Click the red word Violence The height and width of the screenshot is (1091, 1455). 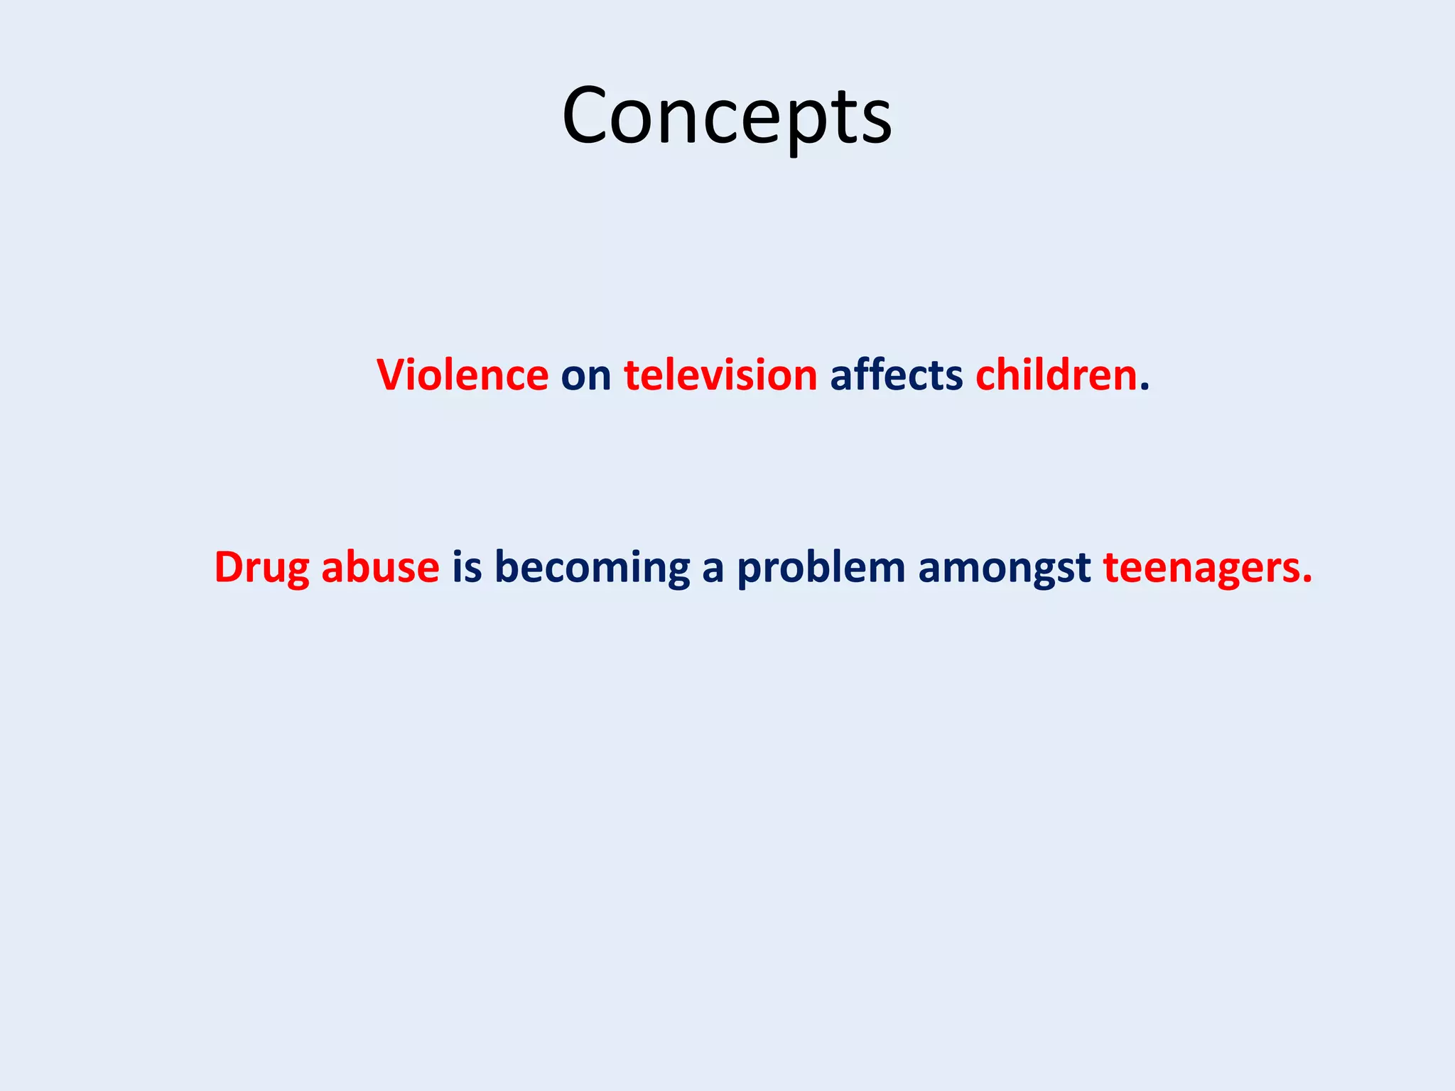coord(463,375)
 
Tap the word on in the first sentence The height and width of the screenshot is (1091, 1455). coord(586,377)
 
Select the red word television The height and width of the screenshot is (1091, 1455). coord(720,375)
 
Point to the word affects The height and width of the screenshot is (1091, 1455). coord(896,375)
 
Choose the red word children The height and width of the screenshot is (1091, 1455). coord(1056,375)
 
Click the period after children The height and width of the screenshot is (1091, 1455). coord(1144,388)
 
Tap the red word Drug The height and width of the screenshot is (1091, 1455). coord(261,568)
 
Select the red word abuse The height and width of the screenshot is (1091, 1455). coord(380,568)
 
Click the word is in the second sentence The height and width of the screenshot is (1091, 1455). coord(467,568)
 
